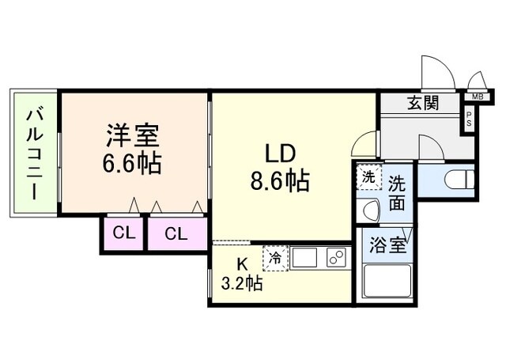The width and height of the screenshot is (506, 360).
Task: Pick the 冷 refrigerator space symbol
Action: click(x=275, y=258)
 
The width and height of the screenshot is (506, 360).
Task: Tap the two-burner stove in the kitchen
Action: click(x=336, y=258)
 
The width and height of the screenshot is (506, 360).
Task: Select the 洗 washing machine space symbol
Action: click(x=368, y=177)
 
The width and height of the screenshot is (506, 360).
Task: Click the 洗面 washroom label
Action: click(x=398, y=192)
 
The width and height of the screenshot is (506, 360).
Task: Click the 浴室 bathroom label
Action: click(x=389, y=244)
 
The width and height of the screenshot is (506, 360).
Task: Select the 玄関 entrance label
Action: click(x=424, y=103)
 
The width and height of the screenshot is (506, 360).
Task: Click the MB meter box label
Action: click(x=477, y=97)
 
